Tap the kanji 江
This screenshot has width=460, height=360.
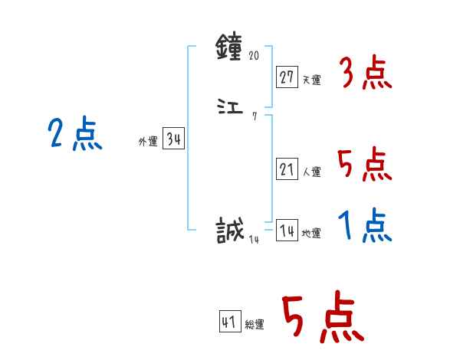[231, 108]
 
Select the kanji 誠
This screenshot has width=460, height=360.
[231, 229]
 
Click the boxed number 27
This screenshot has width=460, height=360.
[287, 77]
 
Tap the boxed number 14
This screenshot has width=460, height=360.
[287, 231]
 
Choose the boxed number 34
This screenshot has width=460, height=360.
[173, 139]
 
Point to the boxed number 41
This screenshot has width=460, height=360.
[229, 322]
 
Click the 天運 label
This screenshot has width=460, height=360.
[310, 79]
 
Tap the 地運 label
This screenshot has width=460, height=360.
[310, 233]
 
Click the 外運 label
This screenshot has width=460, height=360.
[148, 142]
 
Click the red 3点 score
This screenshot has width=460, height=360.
[365, 74]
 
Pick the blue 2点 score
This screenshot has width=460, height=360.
[74, 136]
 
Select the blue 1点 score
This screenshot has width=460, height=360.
[365, 226]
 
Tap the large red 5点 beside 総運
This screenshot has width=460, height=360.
[323, 318]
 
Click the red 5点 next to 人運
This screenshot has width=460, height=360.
[365, 164]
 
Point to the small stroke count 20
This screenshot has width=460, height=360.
[255, 56]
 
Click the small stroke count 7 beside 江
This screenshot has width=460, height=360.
[254, 116]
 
